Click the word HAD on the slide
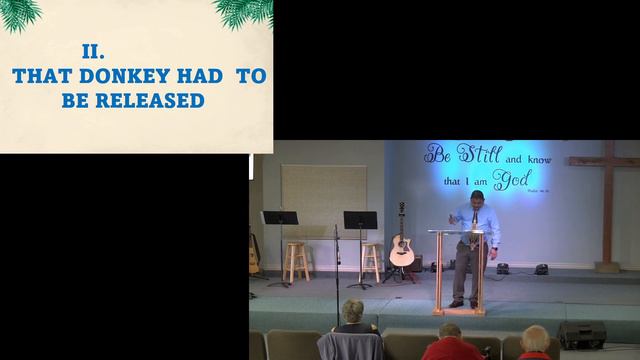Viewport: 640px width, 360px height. [203, 76]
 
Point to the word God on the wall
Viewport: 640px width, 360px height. [516, 182]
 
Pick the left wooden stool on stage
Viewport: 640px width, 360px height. [297, 262]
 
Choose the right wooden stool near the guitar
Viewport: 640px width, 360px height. [371, 261]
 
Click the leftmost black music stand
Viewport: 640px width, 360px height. [279, 219]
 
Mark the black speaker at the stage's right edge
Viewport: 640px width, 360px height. [581, 335]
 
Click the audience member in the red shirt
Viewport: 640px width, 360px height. [451, 344]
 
